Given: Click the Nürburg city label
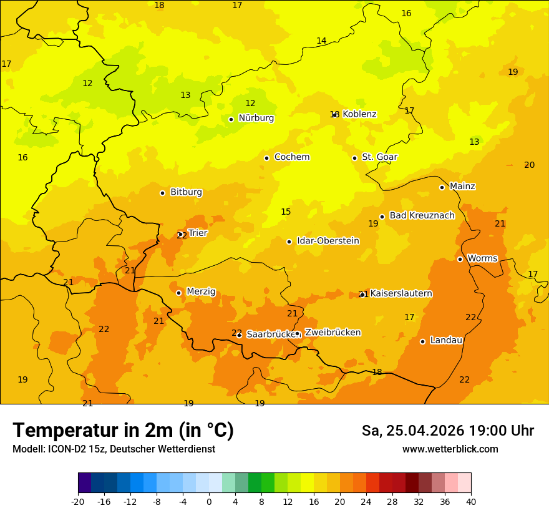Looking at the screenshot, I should coord(256,118).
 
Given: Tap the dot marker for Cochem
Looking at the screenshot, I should coord(266,158).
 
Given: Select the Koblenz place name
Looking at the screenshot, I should coord(359,114).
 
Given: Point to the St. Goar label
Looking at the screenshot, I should coord(379,157).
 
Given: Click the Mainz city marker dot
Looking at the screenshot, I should coord(442,187).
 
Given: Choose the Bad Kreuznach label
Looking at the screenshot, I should coord(422,215).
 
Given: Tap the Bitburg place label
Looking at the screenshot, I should coord(186,192).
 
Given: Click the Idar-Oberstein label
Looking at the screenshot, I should coord(328,240).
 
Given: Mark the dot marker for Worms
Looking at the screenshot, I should coord(460,259).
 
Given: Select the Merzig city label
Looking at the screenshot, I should coord(201,291).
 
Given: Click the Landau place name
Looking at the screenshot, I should coord(446,340).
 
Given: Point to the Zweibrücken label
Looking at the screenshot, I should coord(333,332).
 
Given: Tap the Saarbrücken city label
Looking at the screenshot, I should coord(270,335).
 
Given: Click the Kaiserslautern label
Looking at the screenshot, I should coord(401,293).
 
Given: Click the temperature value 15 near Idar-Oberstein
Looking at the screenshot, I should coord(286,212).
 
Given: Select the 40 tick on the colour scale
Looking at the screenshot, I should coord(471,501).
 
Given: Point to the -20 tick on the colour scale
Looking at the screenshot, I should coord(78,501).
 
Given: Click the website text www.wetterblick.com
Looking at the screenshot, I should coord(450,449).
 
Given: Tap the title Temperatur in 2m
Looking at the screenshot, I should coord(123,430).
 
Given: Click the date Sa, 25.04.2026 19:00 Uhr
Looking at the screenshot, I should coord(447,431).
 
